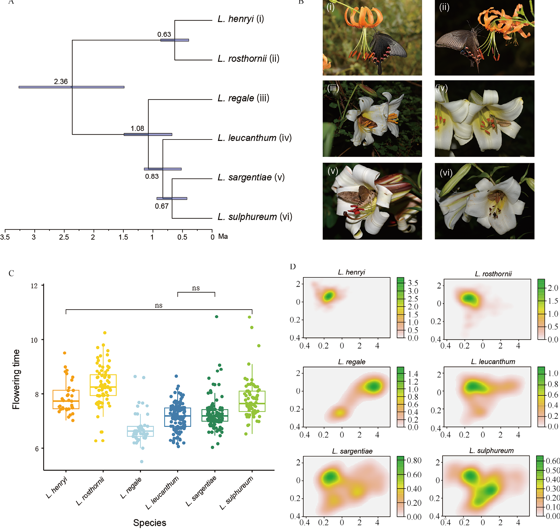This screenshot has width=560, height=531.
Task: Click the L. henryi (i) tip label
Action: pyautogui.click(x=241, y=19)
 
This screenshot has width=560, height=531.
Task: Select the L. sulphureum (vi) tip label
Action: pyautogui.click(x=255, y=217)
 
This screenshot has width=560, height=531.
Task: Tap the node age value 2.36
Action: pyautogui.click(x=61, y=82)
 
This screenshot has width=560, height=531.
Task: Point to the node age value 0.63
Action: pyautogui.click(x=164, y=34)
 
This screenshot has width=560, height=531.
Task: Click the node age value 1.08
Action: pyautogui.click(x=137, y=129)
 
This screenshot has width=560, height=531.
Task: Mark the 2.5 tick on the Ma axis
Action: pyautogui.click(x=64, y=237)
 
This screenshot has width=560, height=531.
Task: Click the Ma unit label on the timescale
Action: pyautogui.click(x=223, y=237)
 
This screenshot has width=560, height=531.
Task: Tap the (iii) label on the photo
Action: pyautogui.click(x=333, y=88)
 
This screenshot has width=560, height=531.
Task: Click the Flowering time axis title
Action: pyautogui.click(x=16, y=379)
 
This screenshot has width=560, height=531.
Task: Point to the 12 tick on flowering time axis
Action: pyautogui.click(x=34, y=286)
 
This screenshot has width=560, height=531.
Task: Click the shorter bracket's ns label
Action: pyautogui.click(x=196, y=288)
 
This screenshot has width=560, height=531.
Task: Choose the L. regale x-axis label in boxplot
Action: pyautogui.click(x=131, y=488)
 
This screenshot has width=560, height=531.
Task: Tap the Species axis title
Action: pyautogui.click(x=150, y=523)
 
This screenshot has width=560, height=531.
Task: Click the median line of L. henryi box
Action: pyautogui.click(x=66, y=401)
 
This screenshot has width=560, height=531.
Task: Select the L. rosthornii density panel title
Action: pyautogui.click(x=493, y=274)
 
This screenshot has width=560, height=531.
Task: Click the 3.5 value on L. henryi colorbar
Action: pyautogui.click(x=413, y=283)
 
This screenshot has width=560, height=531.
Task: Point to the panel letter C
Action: pyautogui.click(x=11, y=274)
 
